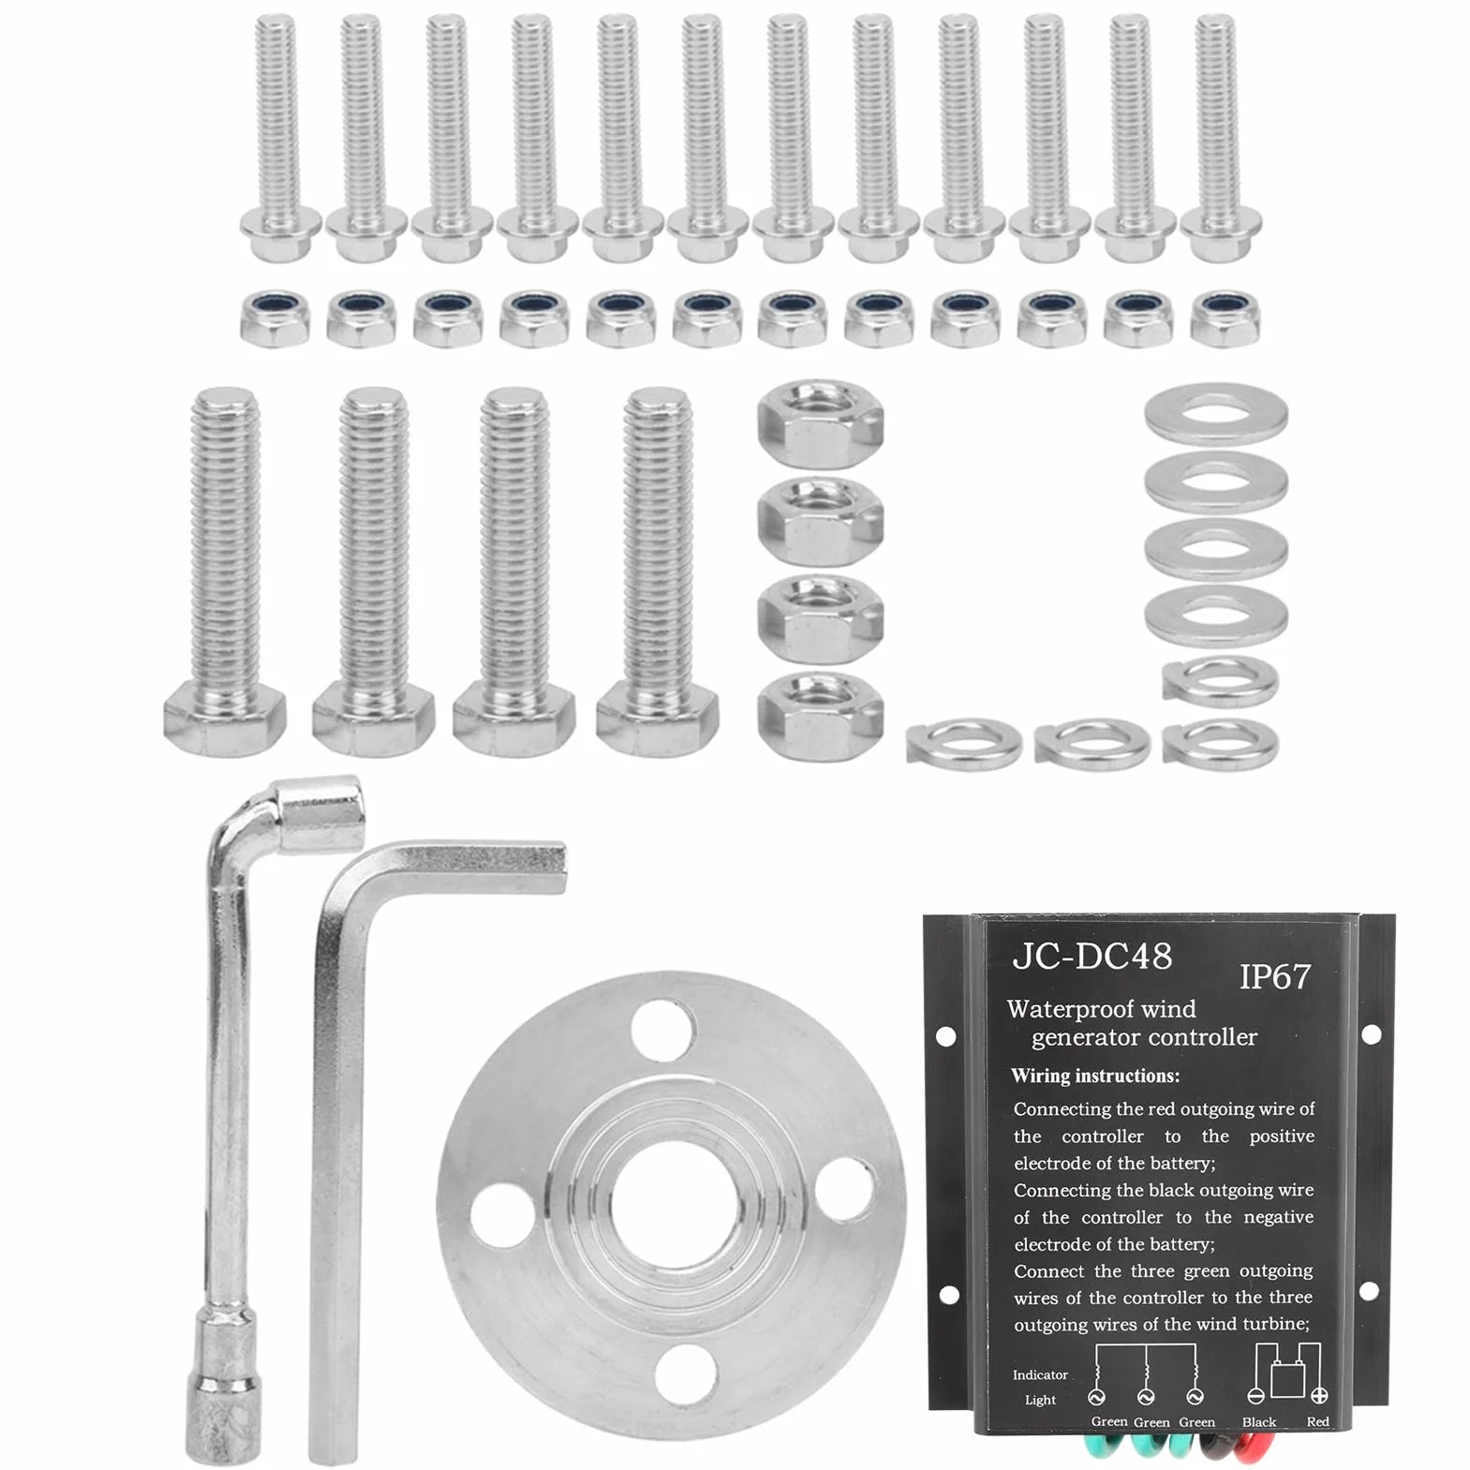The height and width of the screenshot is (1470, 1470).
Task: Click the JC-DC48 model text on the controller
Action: pyautogui.click(x=1091, y=957)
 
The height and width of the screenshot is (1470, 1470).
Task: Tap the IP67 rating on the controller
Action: pyautogui.click(x=1275, y=976)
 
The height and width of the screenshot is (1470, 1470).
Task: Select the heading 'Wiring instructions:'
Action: pyautogui.click(x=1095, y=1076)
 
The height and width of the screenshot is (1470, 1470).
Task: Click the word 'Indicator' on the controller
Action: pyautogui.click(x=1040, y=1374)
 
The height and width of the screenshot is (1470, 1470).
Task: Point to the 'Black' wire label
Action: pyautogui.click(x=1259, y=1421)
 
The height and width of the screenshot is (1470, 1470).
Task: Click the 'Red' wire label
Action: pyautogui.click(x=1318, y=1421)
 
